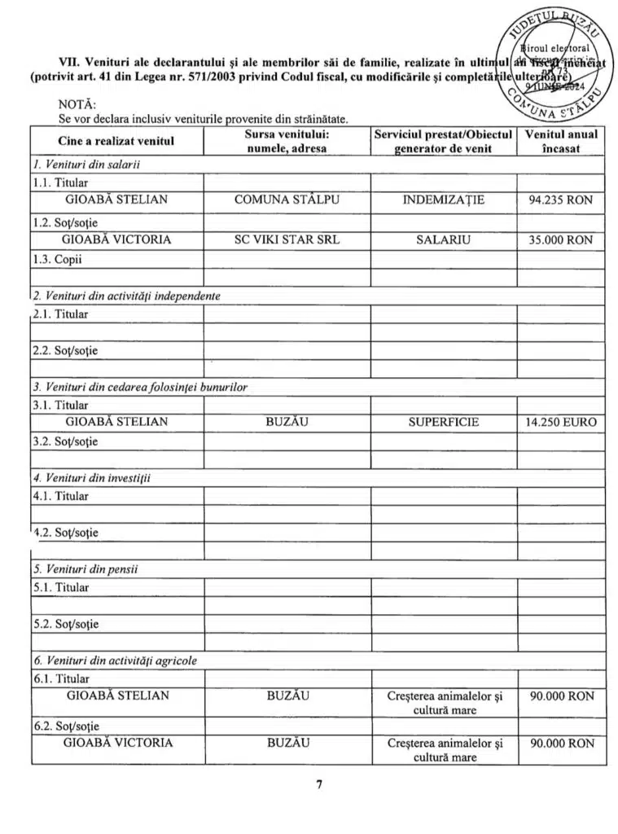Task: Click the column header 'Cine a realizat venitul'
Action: [x=116, y=141]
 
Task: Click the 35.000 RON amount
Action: [x=561, y=239]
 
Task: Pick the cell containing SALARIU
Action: [x=444, y=239]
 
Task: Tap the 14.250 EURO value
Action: [x=561, y=422]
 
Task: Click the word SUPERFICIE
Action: [x=444, y=422]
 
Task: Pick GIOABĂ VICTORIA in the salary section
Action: [x=116, y=239]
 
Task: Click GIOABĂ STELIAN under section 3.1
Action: [x=116, y=422]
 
